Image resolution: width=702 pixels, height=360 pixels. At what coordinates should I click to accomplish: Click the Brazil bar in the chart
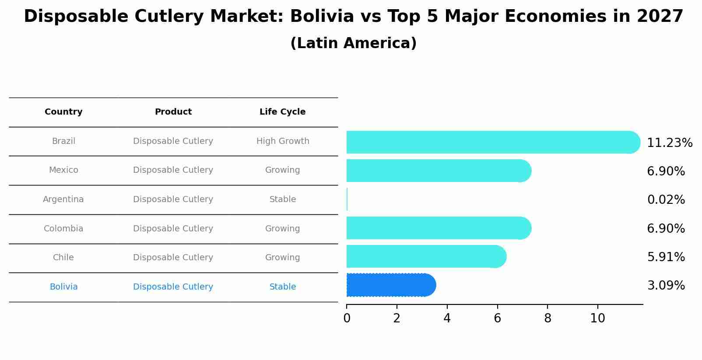tap(490, 142)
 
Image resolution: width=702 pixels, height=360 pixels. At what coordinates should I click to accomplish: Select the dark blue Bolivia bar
tap(390, 285)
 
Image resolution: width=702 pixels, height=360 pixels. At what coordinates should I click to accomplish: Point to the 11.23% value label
tap(669, 143)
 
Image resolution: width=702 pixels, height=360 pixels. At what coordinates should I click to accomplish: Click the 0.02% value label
tap(666, 200)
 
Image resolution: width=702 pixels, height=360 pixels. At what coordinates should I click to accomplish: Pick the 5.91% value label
tap(666, 257)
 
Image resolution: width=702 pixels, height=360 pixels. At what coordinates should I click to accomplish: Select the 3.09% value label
tap(666, 286)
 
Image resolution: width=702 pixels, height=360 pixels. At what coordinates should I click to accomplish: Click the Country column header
tap(63, 112)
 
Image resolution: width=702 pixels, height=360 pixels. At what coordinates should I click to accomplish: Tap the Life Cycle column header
tap(282, 112)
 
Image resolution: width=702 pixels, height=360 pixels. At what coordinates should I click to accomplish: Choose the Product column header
tap(173, 112)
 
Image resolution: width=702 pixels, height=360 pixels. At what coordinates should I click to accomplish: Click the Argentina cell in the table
tap(63, 199)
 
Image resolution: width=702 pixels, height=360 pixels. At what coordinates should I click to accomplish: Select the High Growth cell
tap(283, 141)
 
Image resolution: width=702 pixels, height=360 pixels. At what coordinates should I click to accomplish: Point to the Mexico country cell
tap(63, 170)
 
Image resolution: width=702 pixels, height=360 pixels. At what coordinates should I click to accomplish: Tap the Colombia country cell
tap(63, 229)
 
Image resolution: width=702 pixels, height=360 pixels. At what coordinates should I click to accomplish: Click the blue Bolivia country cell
tap(63, 287)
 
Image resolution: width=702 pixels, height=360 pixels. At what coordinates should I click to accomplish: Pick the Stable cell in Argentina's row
tap(283, 199)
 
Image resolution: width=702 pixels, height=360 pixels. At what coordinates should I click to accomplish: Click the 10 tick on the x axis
tap(597, 318)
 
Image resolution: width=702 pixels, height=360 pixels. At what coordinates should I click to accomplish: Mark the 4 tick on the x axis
tap(447, 318)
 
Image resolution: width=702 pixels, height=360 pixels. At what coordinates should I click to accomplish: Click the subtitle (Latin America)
tap(353, 43)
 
